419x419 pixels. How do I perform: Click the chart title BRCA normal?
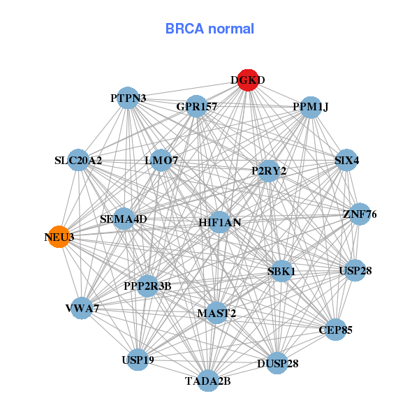pyautogui.click(x=209, y=29)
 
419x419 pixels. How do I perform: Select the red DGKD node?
pyautogui.click(x=248, y=80)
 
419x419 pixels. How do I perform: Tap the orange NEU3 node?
pyautogui.click(x=59, y=237)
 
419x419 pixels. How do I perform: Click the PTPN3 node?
pyautogui.click(x=128, y=98)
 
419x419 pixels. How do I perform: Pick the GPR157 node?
pyautogui.click(x=196, y=107)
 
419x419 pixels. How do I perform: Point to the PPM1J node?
pyautogui.click(x=310, y=107)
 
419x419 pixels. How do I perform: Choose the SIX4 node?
pyautogui.click(x=346, y=161)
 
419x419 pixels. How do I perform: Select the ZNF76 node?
pyautogui.click(x=359, y=214)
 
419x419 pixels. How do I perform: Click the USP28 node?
pyautogui.click(x=355, y=270)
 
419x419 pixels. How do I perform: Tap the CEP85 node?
pyautogui.click(x=335, y=329)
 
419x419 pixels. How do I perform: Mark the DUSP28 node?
pyautogui.click(x=277, y=364)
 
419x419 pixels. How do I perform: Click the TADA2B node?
pyautogui.click(x=208, y=381)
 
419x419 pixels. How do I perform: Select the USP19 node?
pyautogui.click(x=138, y=360)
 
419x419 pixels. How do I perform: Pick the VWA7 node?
pyautogui.click(x=82, y=308)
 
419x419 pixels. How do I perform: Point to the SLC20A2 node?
pyautogui.click(x=78, y=161)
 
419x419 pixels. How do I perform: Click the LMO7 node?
pyautogui.click(x=161, y=161)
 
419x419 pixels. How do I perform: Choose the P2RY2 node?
pyautogui.click(x=269, y=170)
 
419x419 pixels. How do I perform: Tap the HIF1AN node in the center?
pyautogui.click(x=219, y=223)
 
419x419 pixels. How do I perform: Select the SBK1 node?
pyautogui.click(x=281, y=271)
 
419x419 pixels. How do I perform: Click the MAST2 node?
pyautogui.click(x=216, y=313)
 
